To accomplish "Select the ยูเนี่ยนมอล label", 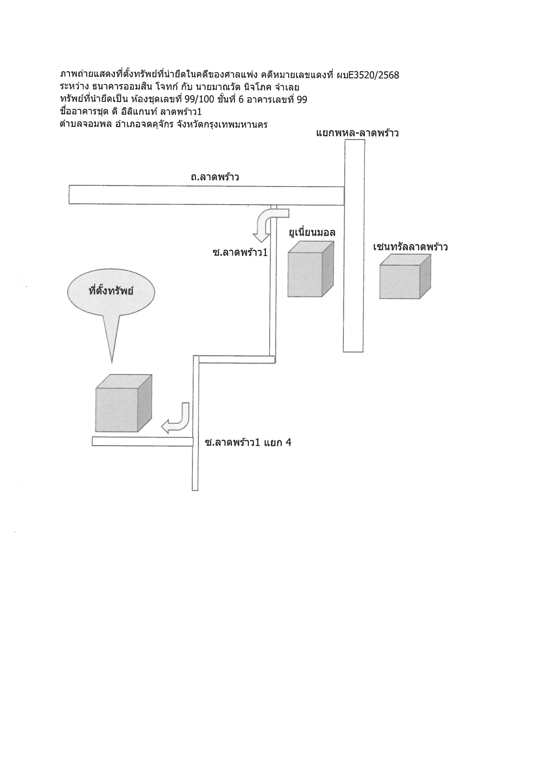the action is [312, 232].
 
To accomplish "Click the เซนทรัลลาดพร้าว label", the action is [410, 247].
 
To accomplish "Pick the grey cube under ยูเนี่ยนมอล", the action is [311, 269].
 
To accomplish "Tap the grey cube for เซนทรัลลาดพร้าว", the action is [405, 276].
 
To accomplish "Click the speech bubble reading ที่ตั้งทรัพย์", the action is [111, 302].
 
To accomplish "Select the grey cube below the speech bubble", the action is [123, 403].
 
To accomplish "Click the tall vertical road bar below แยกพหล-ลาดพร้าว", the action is [354, 246].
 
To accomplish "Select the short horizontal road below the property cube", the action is [143, 441].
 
